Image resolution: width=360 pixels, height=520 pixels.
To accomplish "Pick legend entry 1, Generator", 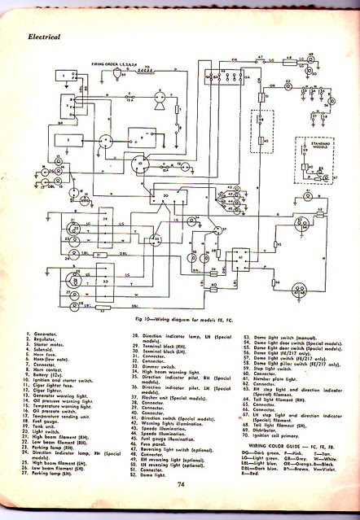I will [49, 334].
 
